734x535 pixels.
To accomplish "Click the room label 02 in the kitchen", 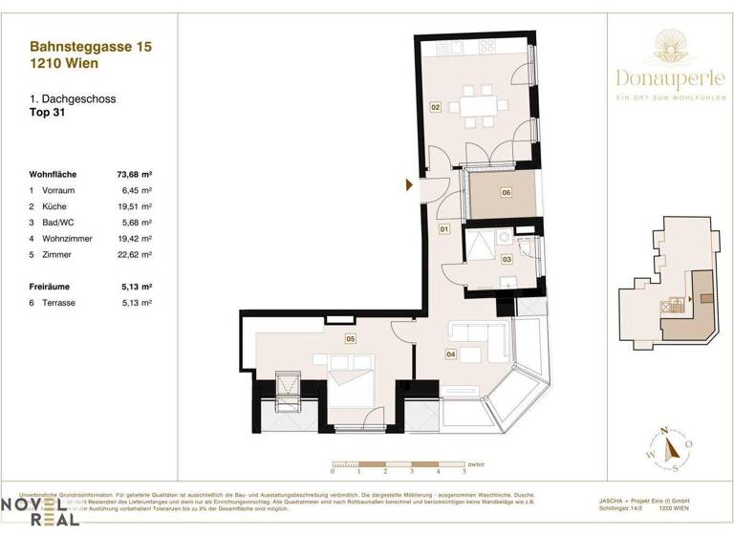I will tap(435, 108).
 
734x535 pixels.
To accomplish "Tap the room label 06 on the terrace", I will tap(507, 192).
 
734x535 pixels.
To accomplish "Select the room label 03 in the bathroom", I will tap(507, 258).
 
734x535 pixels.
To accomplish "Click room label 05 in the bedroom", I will tap(351, 338).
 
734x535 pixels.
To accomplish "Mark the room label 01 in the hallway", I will tap(444, 230).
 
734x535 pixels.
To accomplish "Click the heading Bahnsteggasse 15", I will tap(91, 46).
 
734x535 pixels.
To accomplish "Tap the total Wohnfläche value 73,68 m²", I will tap(134, 175).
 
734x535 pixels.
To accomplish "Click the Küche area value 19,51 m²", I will tap(136, 206).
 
